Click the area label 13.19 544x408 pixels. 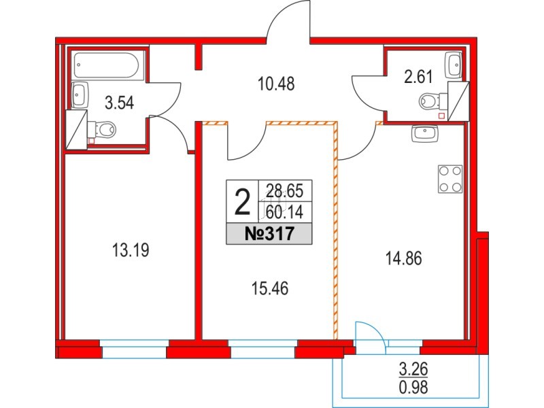130,250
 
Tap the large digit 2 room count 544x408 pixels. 241,201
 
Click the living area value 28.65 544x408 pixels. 284,191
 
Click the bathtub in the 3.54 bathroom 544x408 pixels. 107,66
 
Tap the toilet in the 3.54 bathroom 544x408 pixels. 103,127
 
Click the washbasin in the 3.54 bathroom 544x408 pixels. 80,94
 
